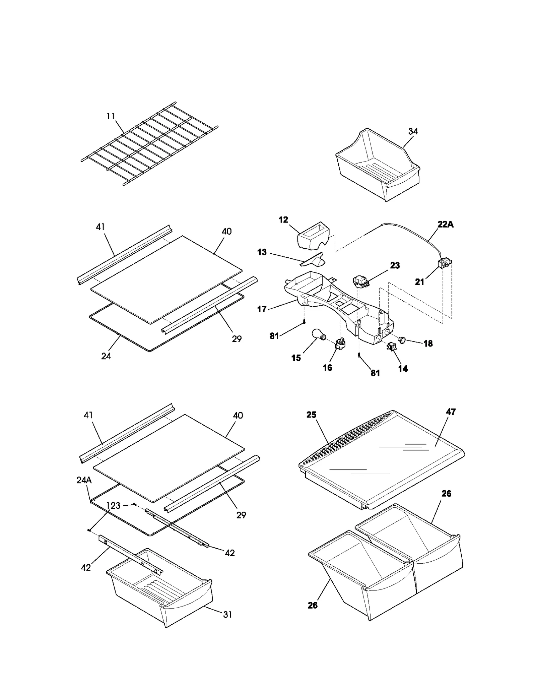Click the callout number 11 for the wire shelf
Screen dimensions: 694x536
pos(111,116)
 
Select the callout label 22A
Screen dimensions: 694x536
pos(445,224)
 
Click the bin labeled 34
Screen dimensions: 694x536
pos(377,168)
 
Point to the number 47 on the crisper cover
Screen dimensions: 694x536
pos(451,412)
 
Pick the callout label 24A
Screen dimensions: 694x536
pos(84,480)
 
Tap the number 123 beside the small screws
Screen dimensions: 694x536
pos(113,506)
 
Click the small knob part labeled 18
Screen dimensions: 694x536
pos(401,340)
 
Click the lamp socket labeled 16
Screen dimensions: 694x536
pos(340,343)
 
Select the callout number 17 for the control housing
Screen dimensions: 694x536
pos(262,309)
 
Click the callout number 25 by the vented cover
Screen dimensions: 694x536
pos(311,415)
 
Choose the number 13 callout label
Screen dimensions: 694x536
pos(262,252)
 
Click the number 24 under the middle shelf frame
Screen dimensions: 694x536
pos(106,356)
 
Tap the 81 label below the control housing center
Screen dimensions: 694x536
pos(375,373)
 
